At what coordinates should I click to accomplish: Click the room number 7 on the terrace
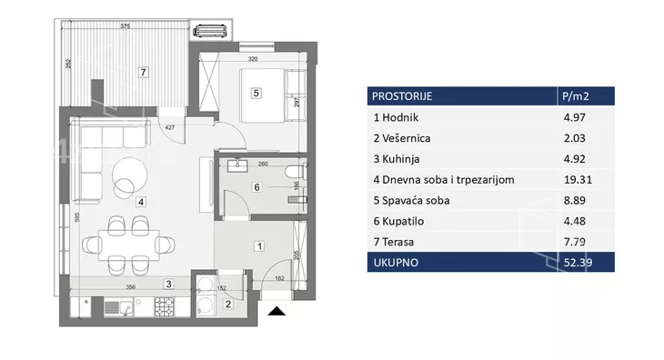click(x=144, y=73)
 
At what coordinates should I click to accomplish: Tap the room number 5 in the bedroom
click(x=256, y=93)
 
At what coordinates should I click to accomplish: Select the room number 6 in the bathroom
click(x=257, y=187)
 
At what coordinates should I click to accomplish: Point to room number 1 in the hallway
click(x=259, y=246)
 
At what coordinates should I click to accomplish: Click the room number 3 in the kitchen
click(x=168, y=284)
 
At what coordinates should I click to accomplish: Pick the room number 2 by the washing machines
click(x=228, y=304)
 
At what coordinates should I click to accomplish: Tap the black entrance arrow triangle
click(x=277, y=311)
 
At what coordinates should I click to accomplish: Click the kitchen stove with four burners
click(x=164, y=306)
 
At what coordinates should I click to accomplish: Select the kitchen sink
click(x=119, y=307)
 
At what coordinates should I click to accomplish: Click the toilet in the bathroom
click(x=295, y=172)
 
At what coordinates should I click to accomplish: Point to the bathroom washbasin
click(x=237, y=165)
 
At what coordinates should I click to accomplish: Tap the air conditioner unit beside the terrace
click(x=209, y=31)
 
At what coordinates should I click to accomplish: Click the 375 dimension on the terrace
click(x=125, y=26)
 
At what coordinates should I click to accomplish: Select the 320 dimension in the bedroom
click(x=253, y=59)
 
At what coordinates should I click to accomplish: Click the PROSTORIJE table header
click(x=402, y=96)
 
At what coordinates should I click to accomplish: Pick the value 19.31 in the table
click(x=578, y=180)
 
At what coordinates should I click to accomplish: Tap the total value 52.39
click(x=578, y=263)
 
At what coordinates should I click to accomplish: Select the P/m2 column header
click(x=576, y=96)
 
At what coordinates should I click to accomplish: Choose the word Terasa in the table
click(x=398, y=242)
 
